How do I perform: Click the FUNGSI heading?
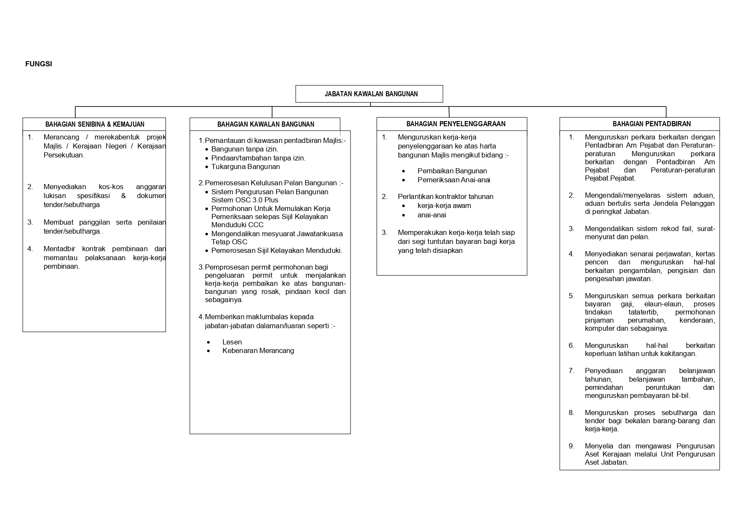pyautogui.click(x=39, y=64)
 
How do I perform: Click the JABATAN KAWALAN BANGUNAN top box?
pyautogui.click(x=369, y=94)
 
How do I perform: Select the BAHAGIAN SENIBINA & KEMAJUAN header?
pyautogui.click(x=95, y=125)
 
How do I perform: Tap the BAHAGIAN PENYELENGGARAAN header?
pyautogui.click(x=456, y=124)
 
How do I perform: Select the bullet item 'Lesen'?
pyautogui.click(x=232, y=342)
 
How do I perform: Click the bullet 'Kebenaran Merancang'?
pyautogui.click(x=258, y=351)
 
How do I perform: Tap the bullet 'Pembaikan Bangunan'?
pyautogui.click(x=452, y=171)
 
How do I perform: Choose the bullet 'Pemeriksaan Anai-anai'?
pyautogui.click(x=454, y=180)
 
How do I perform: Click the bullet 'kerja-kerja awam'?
pyautogui.click(x=444, y=206)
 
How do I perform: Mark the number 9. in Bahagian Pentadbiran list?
pyautogui.click(x=571, y=446)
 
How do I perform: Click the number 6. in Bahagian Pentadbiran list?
pyautogui.click(x=571, y=346)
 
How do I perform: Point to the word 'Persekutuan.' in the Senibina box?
pyautogui.click(x=64, y=155)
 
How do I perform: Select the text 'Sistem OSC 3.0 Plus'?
pyautogui.click(x=244, y=200)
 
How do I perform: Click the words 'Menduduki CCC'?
pyautogui.click(x=237, y=225)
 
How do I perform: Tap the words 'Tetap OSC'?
pyautogui.click(x=229, y=242)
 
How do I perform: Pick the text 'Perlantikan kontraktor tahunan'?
pyautogui.click(x=445, y=197)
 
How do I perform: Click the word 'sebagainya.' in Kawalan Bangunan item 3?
pyautogui.click(x=224, y=300)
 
